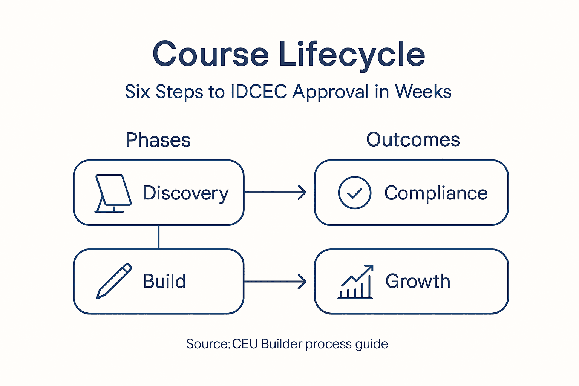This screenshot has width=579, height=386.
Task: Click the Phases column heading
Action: pos(158,140)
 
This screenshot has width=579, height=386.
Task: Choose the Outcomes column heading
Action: pos(413,140)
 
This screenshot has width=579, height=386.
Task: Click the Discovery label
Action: pos(186,193)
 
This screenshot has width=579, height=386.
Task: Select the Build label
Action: pos(164,281)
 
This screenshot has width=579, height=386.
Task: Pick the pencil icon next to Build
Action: pos(114,281)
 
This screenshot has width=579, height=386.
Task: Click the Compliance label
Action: pos(436,193)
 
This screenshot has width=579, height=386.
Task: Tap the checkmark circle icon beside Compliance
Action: pos(354,193)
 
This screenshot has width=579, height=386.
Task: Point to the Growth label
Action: pos(418,281)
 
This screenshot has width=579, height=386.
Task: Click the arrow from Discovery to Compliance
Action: pos(275,193)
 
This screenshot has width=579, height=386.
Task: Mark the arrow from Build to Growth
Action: pos(275,282)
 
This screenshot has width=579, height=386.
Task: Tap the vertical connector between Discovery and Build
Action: pos(158,237)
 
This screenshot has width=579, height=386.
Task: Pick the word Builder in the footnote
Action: pos(282,344)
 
